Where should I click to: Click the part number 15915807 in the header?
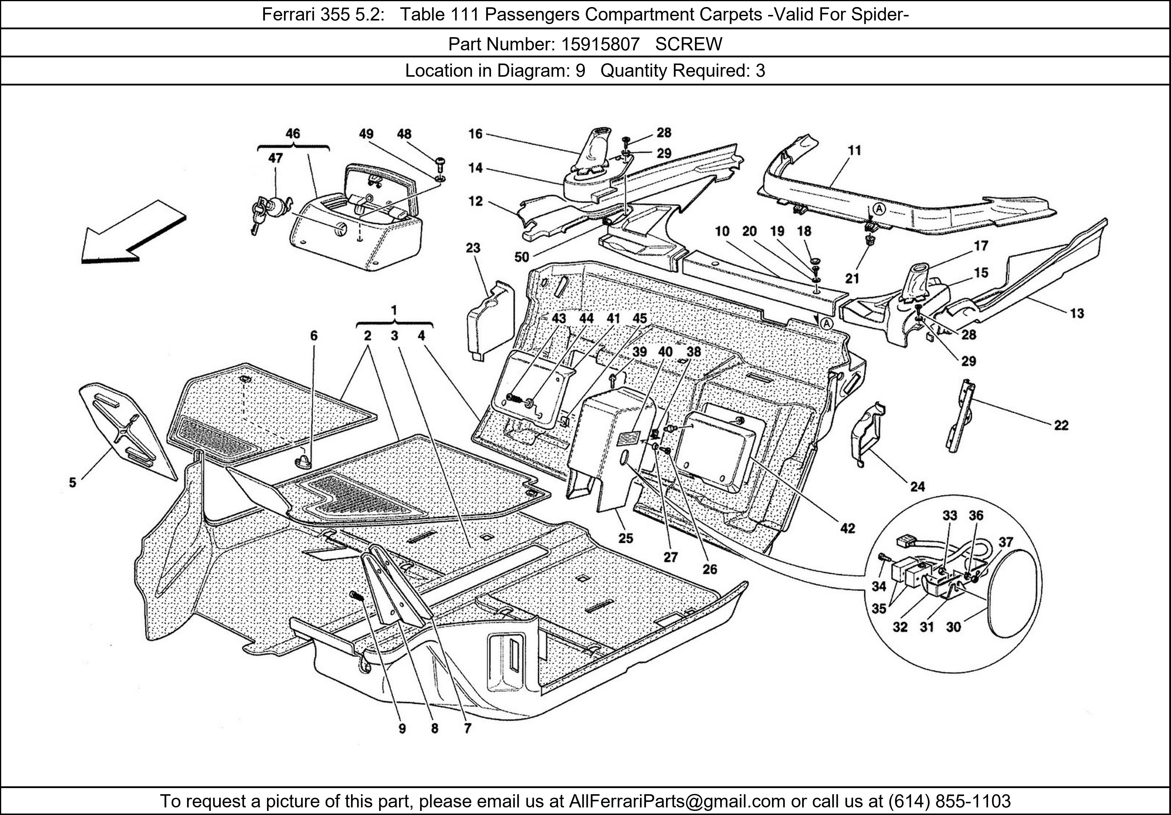600,44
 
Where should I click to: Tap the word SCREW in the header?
689,44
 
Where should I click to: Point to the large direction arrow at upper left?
133,232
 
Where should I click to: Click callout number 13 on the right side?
1077,313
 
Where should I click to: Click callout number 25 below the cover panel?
626,538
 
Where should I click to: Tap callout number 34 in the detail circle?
879,587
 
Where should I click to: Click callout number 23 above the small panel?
473,248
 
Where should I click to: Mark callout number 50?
522,257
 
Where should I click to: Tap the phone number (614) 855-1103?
950,801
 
